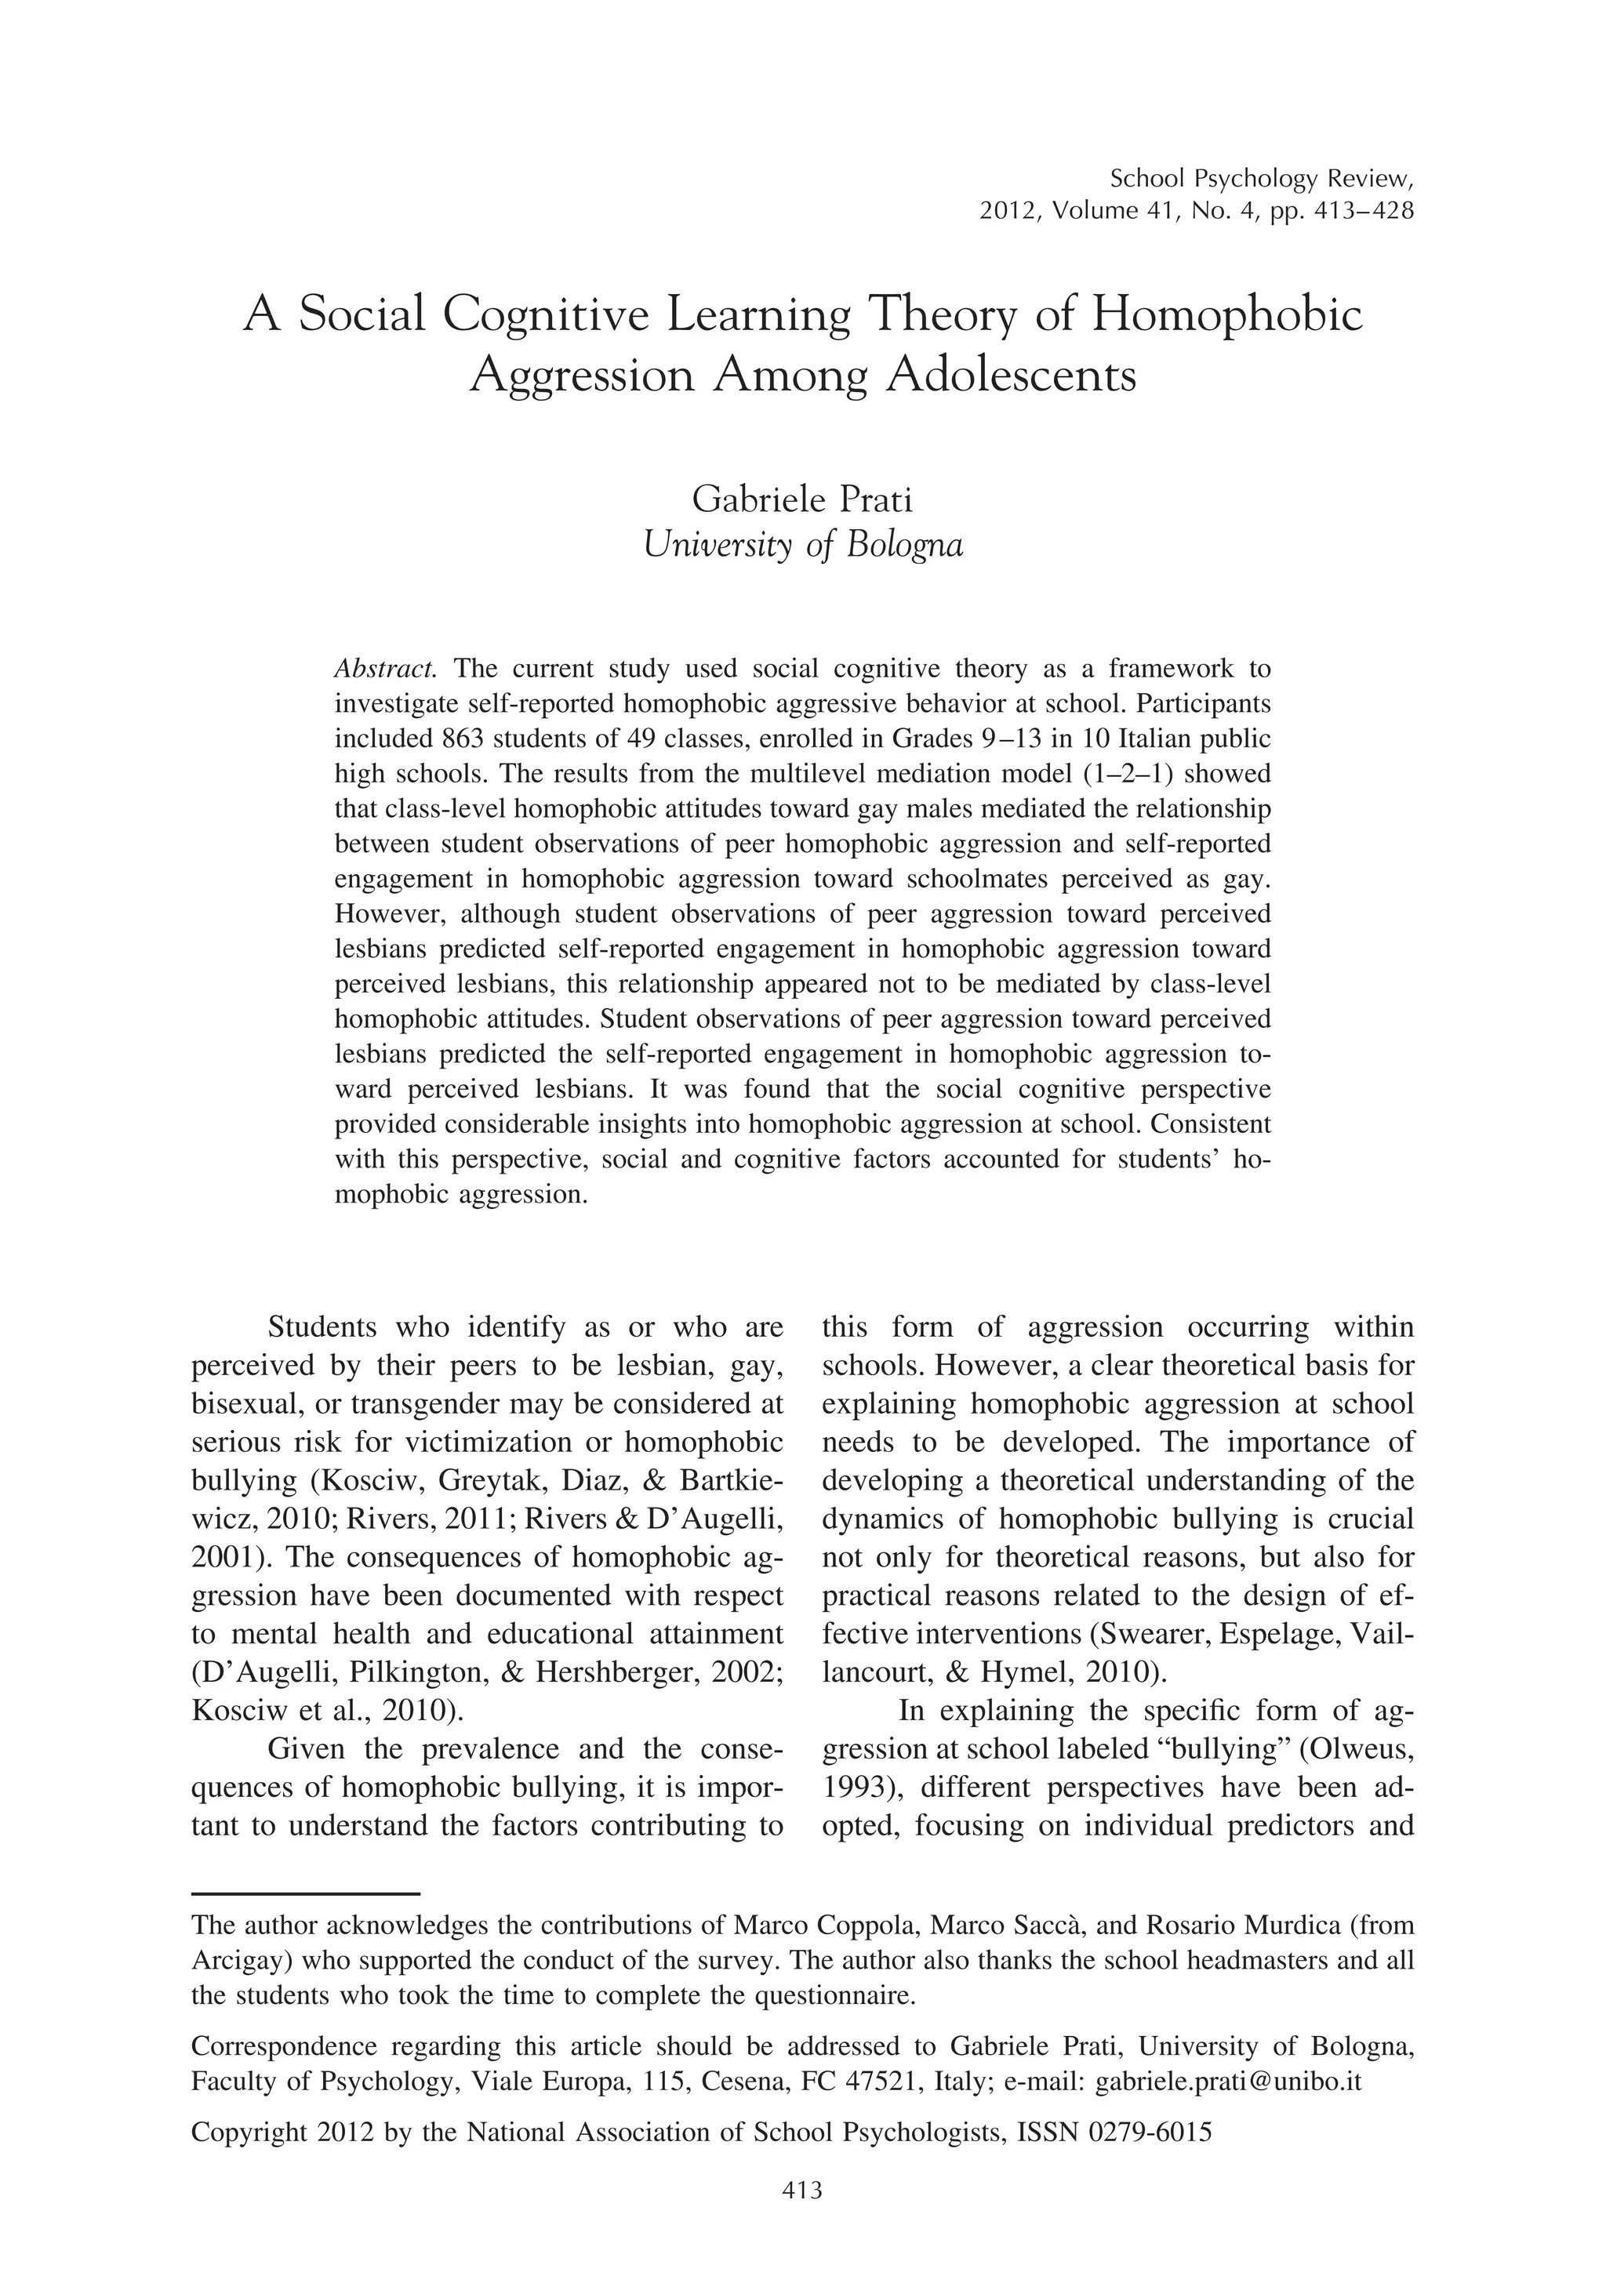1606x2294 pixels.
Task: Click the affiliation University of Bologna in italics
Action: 802,546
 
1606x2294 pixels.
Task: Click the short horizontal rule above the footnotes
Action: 305,1893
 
